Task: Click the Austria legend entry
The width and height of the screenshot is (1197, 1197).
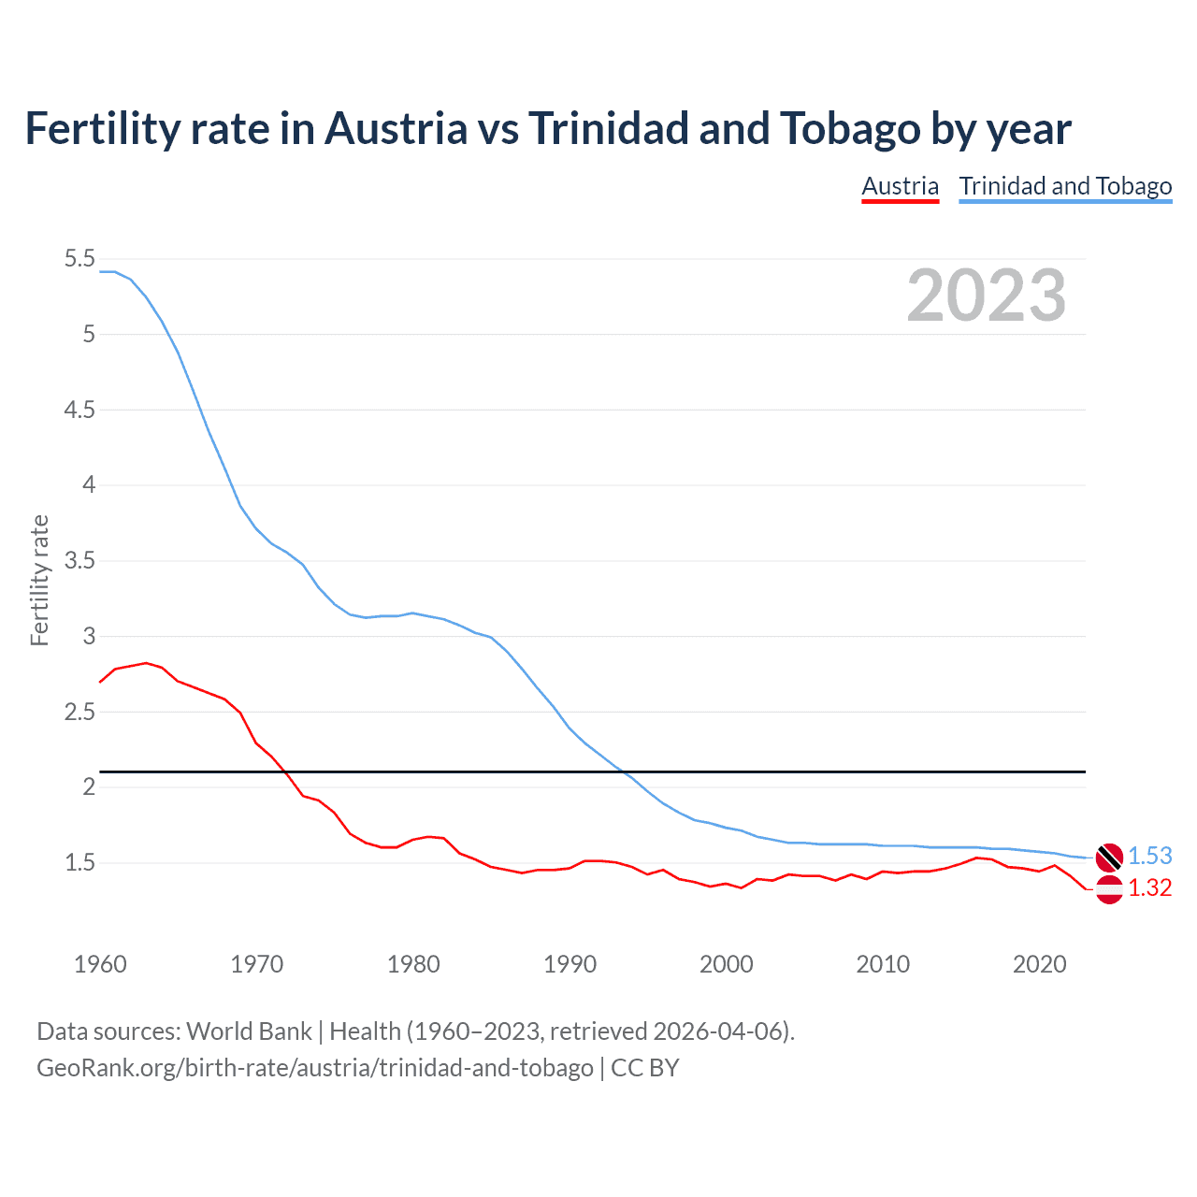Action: [x=900, y=186]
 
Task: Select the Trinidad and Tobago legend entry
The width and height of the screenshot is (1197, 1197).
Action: [x=1065, y=186]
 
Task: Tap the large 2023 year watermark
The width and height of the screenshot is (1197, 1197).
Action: [x=986, y=296]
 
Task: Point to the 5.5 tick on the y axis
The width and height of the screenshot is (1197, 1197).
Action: [x=79, y=259]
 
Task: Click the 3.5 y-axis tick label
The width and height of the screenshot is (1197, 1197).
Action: [x=79, y=561]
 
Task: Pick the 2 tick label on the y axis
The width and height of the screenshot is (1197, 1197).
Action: [x=90, y=787]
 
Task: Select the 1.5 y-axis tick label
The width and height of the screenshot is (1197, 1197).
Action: [x=79, y=863]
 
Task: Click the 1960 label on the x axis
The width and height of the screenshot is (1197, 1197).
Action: [x=100, y=964]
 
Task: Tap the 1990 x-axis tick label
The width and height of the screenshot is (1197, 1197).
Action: [x=570, y=964]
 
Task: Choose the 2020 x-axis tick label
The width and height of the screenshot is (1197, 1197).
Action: [x=1039, y=964]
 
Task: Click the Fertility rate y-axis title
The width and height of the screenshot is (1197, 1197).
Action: [x=39, y=580]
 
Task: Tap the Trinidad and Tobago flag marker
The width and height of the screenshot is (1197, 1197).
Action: [x=1109, y=856]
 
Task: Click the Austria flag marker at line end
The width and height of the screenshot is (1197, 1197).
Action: [x=1109, y=889]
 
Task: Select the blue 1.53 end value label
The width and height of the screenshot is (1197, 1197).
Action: [x=1149, y=856]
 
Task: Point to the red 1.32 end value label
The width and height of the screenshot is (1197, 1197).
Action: [x=1149, y=888]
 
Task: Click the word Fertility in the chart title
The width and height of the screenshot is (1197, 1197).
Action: [x=100, y=128]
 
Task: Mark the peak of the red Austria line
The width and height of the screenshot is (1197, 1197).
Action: [x=146, y=663]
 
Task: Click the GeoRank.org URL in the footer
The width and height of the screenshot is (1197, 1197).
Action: [x=315, y=1068]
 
